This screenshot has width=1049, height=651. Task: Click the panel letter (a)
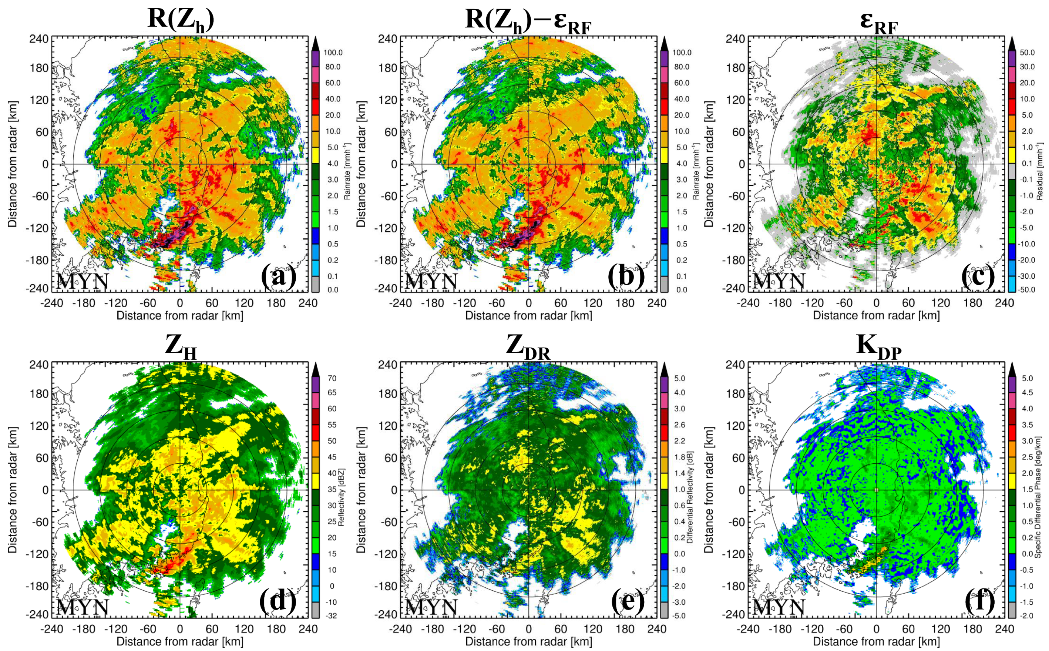coord(279,276)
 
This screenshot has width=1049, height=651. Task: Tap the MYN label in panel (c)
coord(778,282)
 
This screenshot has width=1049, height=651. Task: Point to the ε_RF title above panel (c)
coord(878,21)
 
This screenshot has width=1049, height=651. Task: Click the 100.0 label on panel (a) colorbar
coord(333,53)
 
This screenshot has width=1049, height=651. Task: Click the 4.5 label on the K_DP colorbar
coord(1027,393)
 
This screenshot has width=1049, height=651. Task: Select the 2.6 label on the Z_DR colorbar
coord(679,425)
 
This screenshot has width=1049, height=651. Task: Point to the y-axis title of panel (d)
coord(13,490)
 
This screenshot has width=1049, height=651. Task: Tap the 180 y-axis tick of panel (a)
coord(39,68)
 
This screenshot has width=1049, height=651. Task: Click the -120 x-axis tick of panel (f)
coord(812,629)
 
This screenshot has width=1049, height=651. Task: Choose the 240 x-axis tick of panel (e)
coord(656,629)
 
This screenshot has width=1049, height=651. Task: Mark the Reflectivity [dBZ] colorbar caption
coord(342,497)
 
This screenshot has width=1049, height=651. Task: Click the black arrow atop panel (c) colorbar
coord(1012,43)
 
